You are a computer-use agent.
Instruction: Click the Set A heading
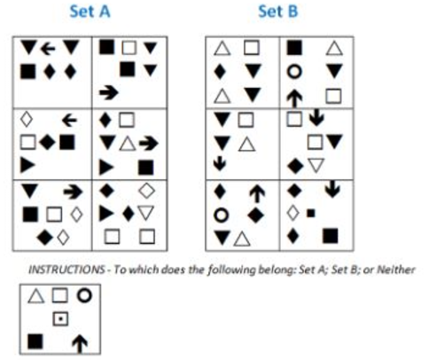[90, 12]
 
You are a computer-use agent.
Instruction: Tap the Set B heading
[278, 12]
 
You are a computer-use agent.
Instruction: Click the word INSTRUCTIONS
[66, 270]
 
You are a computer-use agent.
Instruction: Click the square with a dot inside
[60, 319]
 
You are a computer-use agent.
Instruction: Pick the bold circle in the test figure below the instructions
[84, 295]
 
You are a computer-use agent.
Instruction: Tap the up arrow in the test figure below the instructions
[80, 344]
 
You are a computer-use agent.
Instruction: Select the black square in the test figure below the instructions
[35, 341]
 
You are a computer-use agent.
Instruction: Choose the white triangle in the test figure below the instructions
[36, 296]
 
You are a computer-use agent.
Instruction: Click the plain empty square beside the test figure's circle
[59, 295]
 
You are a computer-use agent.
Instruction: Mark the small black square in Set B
[310, 213]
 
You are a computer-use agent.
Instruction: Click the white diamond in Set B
[292, 213]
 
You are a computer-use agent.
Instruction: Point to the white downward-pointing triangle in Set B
[316, 165]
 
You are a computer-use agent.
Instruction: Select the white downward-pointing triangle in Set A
[145, 213]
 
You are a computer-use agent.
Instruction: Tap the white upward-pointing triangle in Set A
[128, 144]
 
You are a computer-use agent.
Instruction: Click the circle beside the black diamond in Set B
[222, 215]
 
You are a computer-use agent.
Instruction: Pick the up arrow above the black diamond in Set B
[257, 194]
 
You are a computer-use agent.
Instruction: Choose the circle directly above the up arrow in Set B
[294, 72]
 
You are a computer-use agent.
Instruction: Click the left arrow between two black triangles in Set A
[48, 49]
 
